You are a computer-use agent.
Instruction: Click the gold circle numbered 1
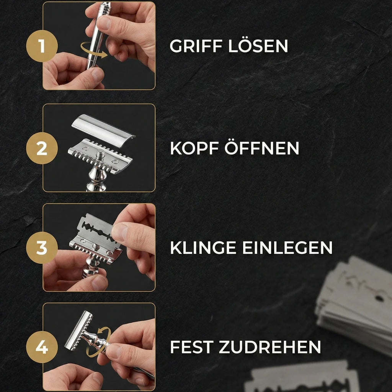[x=42, y=46]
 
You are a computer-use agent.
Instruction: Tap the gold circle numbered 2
[x=42, y=148]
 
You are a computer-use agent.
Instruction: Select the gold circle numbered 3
[x=42, y=248]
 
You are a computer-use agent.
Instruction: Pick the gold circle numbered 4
[x=42, y=347]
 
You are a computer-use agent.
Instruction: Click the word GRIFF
[x=196, y=46]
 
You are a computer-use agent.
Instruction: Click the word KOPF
[x=194, y=148]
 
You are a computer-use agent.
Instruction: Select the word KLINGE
[x=203, y=248]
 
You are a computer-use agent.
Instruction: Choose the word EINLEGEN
[x=287, y=248]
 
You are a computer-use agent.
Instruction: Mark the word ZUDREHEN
[x=270, y=347]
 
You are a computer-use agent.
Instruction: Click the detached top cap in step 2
[x=103, y=131]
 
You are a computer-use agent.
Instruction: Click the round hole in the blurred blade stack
[x=379, y=298]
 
